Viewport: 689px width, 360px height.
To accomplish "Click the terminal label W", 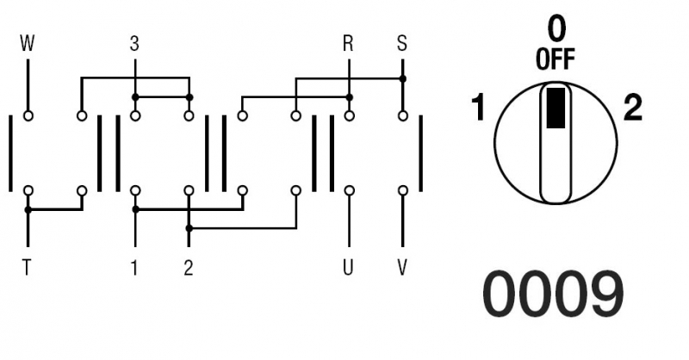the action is [28, 44].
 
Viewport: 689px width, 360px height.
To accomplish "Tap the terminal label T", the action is [28, 267].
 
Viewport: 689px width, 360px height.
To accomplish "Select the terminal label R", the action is [348, 44].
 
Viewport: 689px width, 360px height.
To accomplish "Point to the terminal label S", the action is [402, 44].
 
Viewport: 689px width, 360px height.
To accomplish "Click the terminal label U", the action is [348, 267].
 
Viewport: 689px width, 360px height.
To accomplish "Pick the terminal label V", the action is [402, 267].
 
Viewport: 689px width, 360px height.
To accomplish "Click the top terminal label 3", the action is [134, 44].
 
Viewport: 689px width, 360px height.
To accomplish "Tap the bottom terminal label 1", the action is [134, 267].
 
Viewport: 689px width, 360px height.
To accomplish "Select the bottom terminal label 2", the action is [189, 267].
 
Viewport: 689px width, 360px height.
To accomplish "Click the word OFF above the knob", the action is [556, 59].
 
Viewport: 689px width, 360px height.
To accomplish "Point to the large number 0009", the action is [554, 294].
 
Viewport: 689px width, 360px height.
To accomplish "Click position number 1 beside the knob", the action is [478, 108].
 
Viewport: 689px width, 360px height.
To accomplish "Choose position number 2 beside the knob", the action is [633, 109].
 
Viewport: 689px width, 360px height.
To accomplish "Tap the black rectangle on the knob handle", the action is [556, 109].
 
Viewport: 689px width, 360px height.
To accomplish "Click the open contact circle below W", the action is [28, 116].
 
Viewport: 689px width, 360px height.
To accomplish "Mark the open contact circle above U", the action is [350, 190].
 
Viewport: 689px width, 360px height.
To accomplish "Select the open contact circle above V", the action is [403, 190].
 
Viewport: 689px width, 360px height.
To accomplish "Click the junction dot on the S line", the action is [403, 78].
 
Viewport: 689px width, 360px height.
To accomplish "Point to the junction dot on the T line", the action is [28, 210].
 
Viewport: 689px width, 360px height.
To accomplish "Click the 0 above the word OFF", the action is [556, 29].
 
